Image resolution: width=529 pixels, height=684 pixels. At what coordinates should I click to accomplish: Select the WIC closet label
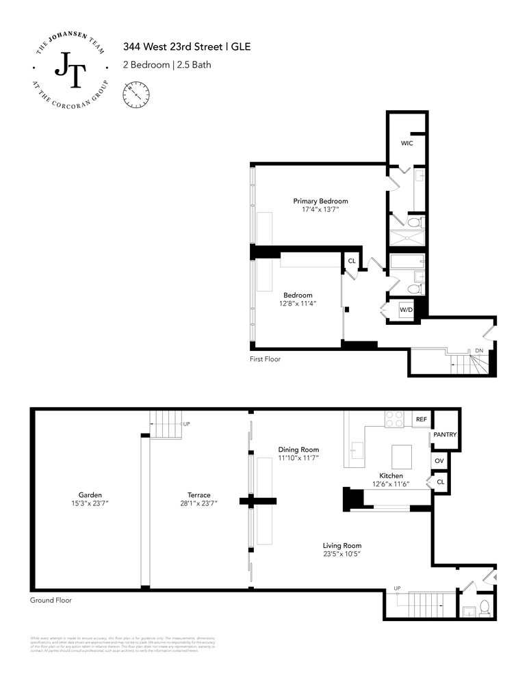[407, 144]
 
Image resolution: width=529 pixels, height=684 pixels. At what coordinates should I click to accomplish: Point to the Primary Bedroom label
[320, 201]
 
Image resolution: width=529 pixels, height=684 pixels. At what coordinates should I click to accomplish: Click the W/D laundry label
[405, 310]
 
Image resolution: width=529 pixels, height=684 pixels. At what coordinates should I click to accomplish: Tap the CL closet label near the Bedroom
[352, 261]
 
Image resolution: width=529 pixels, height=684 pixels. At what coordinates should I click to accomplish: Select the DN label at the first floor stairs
[479, 351]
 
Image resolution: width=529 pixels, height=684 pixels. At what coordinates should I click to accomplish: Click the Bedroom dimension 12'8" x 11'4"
[298, 303]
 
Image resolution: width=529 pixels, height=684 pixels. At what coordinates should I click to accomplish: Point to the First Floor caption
[265, 359]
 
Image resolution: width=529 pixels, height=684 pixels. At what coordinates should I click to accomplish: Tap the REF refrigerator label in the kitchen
[421, 419]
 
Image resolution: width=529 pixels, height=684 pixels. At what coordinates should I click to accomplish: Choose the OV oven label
[439, 461]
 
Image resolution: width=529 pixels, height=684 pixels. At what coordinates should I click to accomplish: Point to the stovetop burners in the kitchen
[395, 419]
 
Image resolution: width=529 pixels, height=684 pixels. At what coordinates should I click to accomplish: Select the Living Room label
[341, 545]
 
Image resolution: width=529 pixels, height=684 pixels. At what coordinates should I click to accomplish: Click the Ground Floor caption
[51, 600]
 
